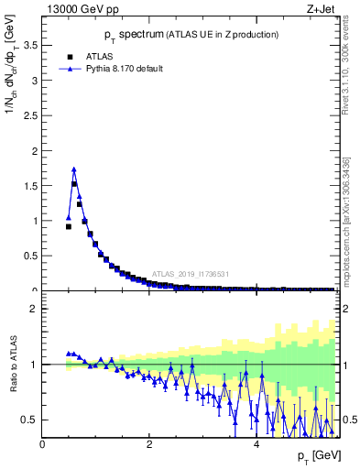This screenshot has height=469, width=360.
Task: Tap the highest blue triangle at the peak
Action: coord(74,169)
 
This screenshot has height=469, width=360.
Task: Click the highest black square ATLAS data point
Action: coord(74,184)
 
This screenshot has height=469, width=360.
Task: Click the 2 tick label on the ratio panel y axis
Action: coord(34,310)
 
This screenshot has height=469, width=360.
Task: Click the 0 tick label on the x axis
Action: coord(42,444)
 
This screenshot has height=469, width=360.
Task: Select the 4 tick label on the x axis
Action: coord(256,444)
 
